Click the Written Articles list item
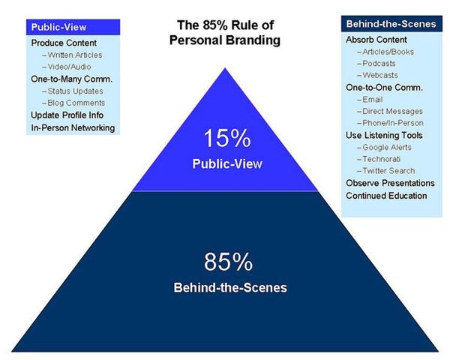75,54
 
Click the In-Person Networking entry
73,128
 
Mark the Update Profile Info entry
67,115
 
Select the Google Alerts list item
389,147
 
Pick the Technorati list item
385,159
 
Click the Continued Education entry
386,196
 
